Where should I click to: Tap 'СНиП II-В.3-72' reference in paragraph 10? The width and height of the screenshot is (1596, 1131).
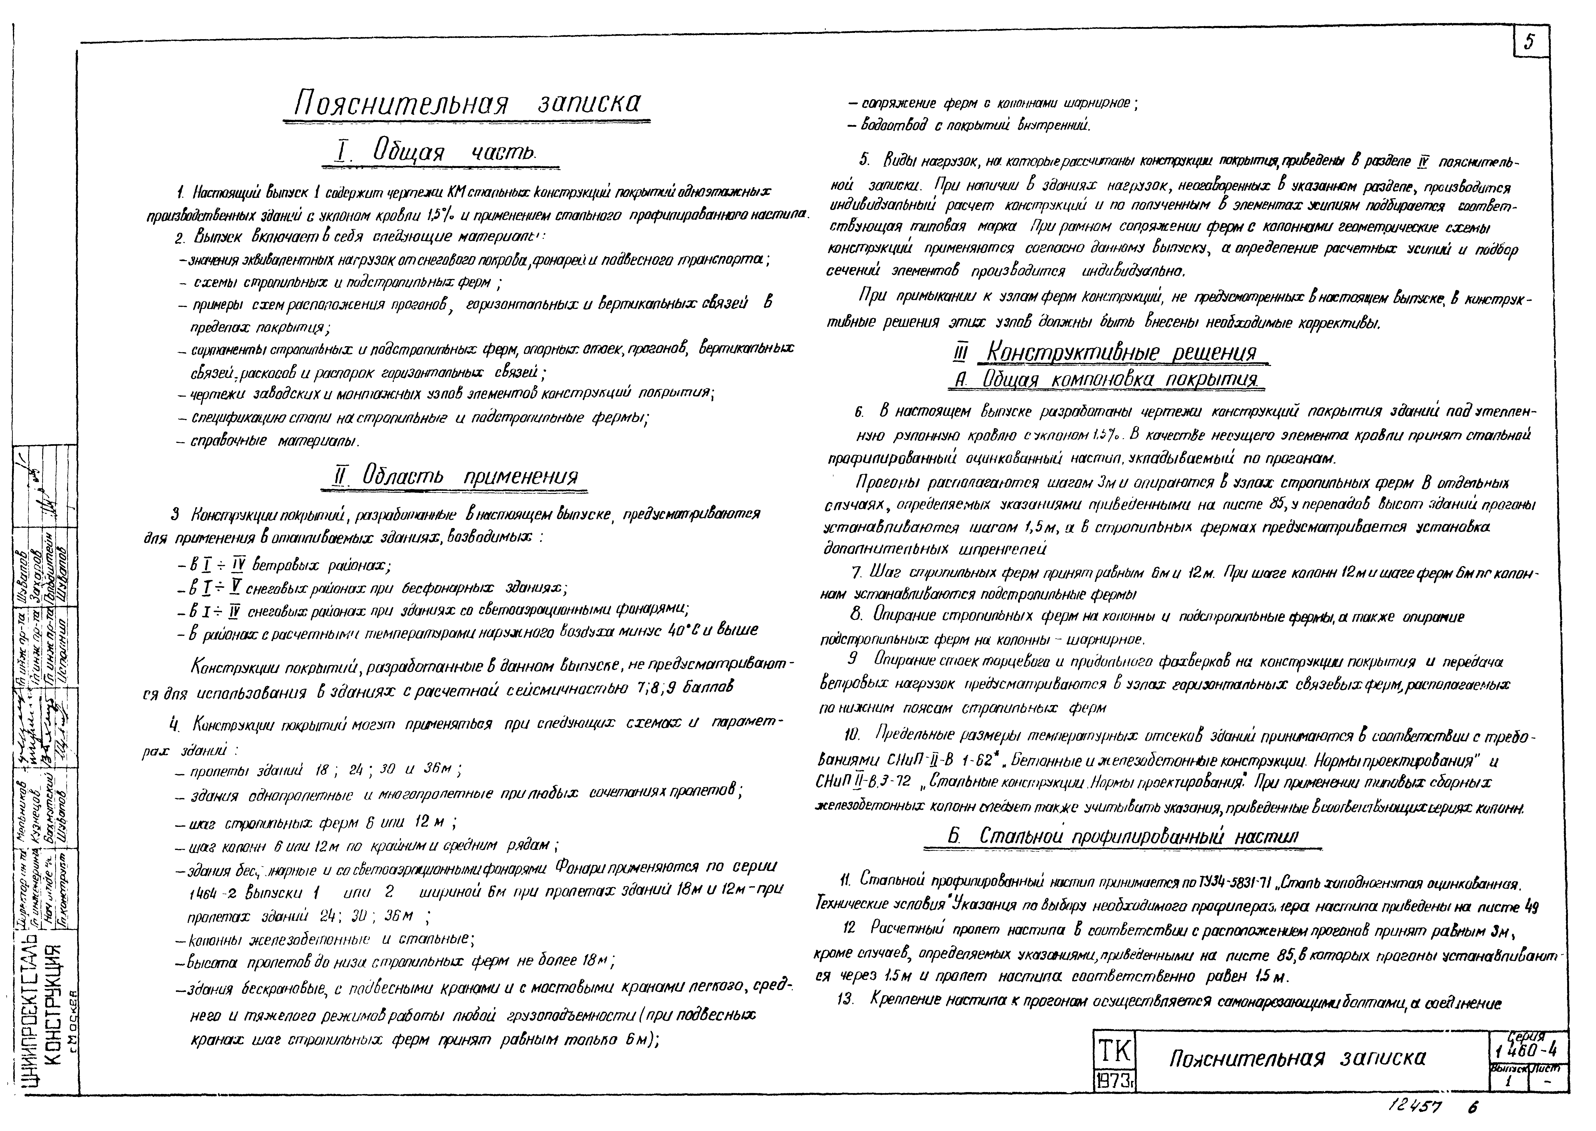pyautogui.click(x=862, y=782)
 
